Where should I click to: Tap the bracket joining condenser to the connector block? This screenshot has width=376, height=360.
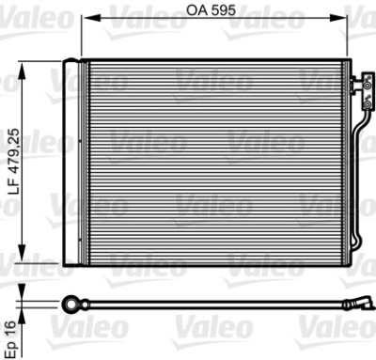click(x=349, y=85)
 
